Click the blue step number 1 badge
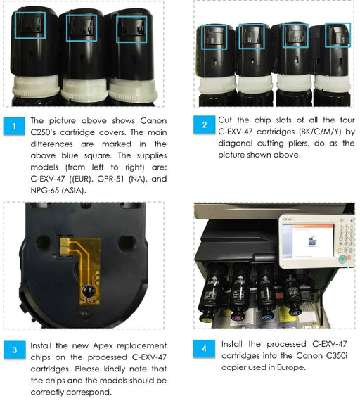pos(14,126)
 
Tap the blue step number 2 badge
pos(205,125)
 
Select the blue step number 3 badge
pos(15,350)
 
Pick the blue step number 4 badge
pos(204,348)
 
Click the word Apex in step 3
pos(103,345)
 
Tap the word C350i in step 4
pos(337,355)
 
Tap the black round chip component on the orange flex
pos(88,292)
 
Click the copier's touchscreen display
pos(308,241)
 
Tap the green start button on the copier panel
pos(342,260)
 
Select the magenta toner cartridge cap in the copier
pos(237,318)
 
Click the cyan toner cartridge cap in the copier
pos(267,317)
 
